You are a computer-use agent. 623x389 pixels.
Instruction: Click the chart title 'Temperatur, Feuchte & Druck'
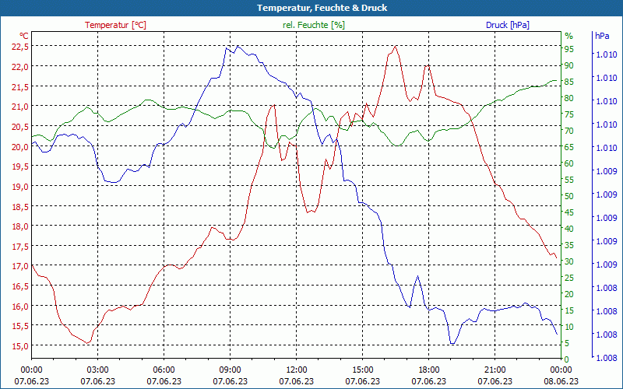coord(311,8)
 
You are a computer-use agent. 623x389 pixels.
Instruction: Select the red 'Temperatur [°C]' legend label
coord(115,25)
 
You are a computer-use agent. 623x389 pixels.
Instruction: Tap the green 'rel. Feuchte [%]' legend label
coord(313,25)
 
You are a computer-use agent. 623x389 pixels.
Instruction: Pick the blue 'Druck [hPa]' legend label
coord(507,25)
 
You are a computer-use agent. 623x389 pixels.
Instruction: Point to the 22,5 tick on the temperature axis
coord(20,47)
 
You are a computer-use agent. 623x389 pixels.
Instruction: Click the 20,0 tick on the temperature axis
coord(20,146)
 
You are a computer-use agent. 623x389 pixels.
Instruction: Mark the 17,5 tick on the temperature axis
coord(20,246)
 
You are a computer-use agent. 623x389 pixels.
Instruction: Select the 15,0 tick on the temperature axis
coord(20,345)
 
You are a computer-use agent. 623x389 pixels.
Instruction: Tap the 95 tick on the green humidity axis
coord(568,48)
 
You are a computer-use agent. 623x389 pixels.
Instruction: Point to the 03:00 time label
coord(97,370)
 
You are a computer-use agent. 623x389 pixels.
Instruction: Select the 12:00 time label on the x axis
coord(296,370)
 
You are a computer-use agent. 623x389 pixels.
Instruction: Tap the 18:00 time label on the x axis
coord(428,370)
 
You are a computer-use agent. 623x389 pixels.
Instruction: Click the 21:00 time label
coord(495,370)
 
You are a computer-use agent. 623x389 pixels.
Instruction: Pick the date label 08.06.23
coord(561,381)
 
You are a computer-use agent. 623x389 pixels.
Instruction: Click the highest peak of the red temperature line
coord(396,46)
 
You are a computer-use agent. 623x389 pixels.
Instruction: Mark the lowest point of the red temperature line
coord(88,342)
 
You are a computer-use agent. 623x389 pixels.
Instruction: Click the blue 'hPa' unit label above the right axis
coord(602,36)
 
